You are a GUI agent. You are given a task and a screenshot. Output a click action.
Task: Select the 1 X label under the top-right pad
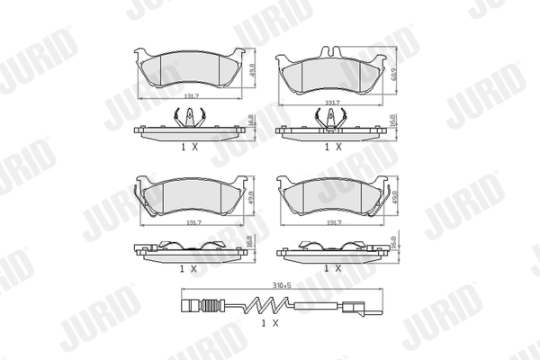coord(333,145)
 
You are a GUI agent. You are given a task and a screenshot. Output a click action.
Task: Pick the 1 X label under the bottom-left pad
coord(188,267)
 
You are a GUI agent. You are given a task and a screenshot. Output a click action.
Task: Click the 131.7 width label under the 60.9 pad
coord(333,103)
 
